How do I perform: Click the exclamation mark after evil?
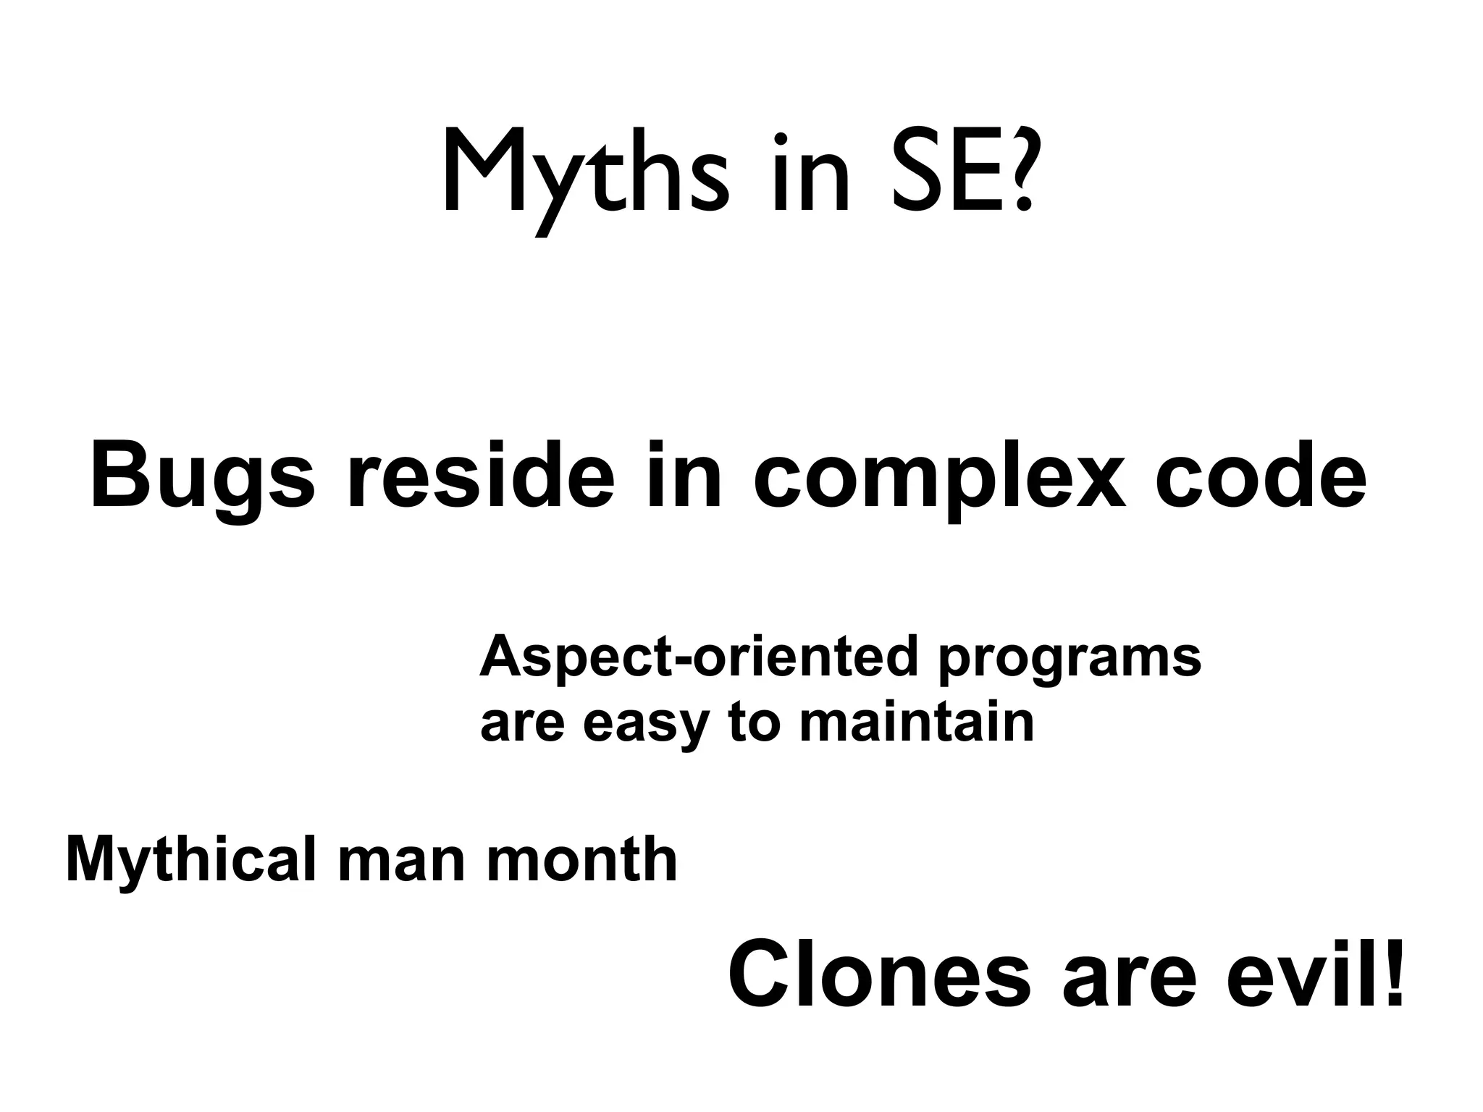(x=1392, y=977)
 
